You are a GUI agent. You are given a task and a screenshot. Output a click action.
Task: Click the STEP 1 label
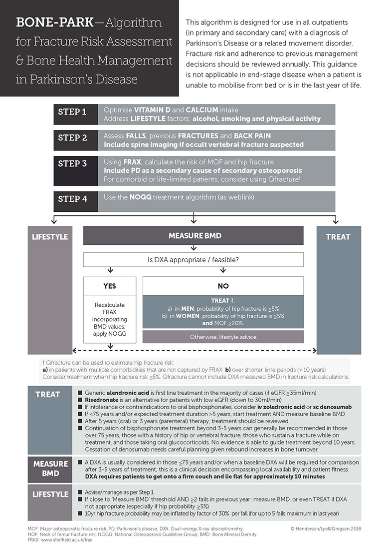[72, 112]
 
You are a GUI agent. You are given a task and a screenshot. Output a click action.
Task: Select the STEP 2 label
[72, 138]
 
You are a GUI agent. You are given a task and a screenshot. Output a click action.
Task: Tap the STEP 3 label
[72, 163]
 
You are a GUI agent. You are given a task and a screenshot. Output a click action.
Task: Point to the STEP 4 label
[72, 199]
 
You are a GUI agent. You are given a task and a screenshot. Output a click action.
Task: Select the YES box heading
[109, 286]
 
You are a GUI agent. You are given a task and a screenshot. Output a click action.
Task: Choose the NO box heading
[223, 286]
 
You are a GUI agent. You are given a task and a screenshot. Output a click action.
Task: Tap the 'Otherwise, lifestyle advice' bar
[223, 337]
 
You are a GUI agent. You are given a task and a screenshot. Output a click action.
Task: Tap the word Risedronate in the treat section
[103, 400]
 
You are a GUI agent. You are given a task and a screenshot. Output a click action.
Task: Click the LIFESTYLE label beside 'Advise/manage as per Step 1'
[50, 495]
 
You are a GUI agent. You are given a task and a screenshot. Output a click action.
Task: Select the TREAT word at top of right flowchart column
[338, 237]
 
